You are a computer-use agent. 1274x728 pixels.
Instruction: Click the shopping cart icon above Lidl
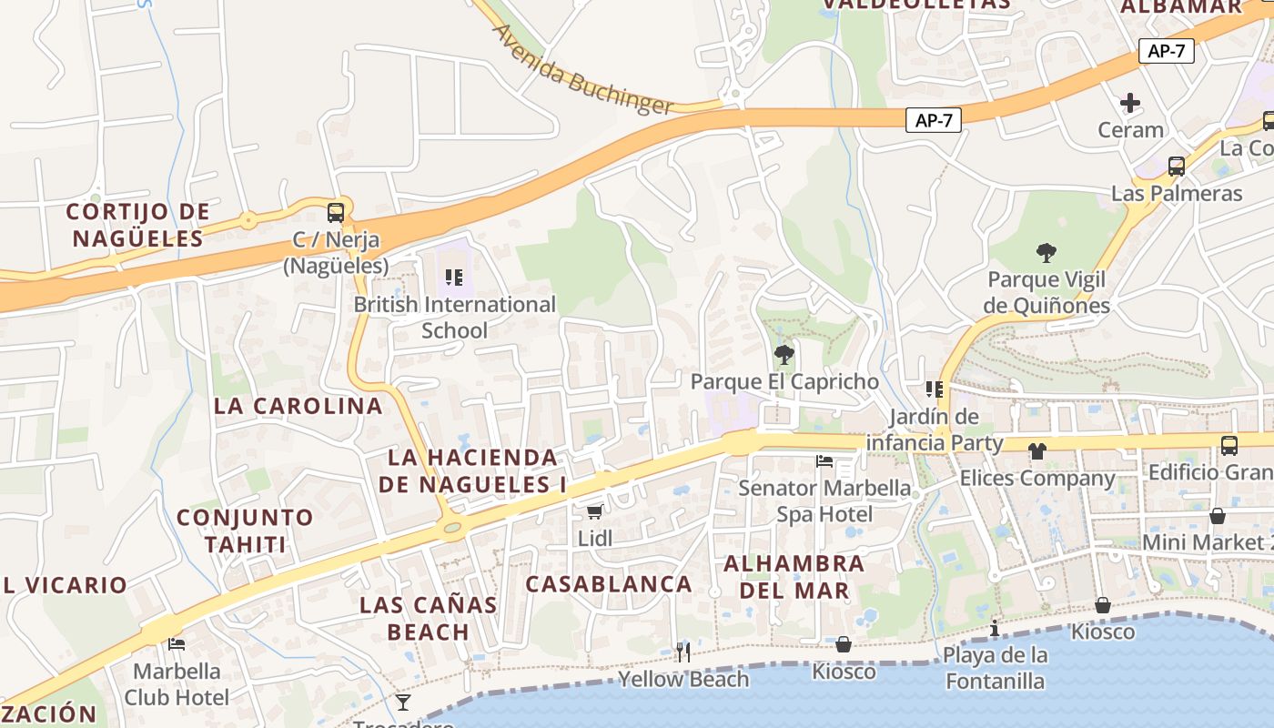[x=594, y=512]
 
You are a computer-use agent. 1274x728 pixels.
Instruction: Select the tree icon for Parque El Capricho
[x=783, y=355]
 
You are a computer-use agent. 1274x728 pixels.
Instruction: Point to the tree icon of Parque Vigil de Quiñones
[x=1046, y=252]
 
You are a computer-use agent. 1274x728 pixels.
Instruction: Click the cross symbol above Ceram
[x=1130, y=103]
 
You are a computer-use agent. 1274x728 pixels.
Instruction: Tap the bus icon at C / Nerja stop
[x=336, y=213]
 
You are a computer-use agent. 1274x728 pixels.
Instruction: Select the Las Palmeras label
[x=1176, y=194]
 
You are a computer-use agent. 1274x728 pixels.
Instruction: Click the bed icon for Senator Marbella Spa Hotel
[x=824, y=461]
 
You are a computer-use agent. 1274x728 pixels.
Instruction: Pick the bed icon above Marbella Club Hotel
[x=177, y=644]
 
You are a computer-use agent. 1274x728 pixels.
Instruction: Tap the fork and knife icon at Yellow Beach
[x=682, y=652]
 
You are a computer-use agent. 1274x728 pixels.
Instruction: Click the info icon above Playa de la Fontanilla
[x=995, y=628]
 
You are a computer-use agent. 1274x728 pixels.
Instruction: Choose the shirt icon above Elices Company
[x=1036, y=451]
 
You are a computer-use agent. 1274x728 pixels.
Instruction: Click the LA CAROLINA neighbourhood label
[x=298, y=406]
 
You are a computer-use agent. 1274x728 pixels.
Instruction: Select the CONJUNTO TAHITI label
[x=245, y=531]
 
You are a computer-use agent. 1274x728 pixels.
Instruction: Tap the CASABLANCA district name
[x=609, y=584]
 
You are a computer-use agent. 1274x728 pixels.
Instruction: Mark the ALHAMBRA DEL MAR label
[x=794, y=577]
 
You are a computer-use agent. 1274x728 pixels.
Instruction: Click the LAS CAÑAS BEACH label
[x=428, y=618]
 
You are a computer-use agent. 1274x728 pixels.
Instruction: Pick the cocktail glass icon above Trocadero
[x=403, y=702]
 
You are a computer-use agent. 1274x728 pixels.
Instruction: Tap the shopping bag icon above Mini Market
[x=1217, y=516]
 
